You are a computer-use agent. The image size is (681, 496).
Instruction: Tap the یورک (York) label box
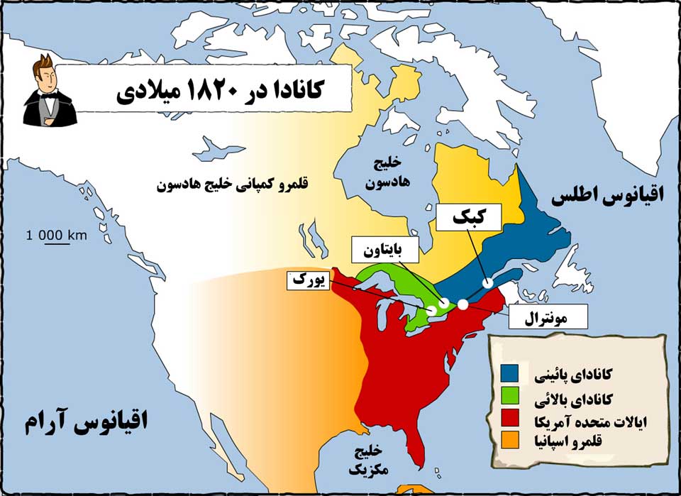[308, 280]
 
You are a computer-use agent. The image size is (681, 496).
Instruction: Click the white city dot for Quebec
[488, 282]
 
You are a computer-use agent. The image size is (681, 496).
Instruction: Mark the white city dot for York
[431, 310]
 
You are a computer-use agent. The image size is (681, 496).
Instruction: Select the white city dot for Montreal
[463, 304]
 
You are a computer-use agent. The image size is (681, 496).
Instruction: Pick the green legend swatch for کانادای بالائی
[510, 394]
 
